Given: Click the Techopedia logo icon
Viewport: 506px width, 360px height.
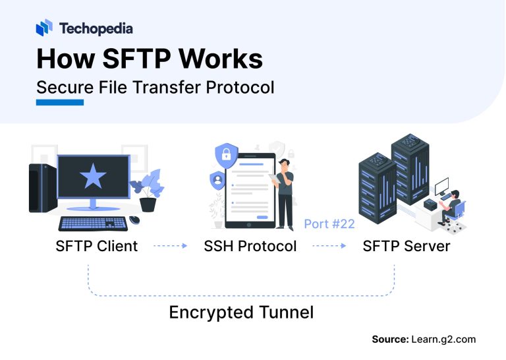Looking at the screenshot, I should click(x=44, y=28).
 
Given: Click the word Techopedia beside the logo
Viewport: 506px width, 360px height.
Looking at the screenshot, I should click(x=96, y=28).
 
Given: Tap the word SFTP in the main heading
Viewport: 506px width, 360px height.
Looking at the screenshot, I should click(x=137, y=59).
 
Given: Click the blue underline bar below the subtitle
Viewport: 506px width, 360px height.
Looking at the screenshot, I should click(x=60, y=102).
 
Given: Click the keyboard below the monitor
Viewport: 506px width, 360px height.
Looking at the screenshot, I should click(x=92, y=222).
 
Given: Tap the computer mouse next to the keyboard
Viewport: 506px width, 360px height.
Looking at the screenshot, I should click(x=134, y=220).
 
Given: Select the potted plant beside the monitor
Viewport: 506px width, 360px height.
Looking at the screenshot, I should click(x=148, y=191).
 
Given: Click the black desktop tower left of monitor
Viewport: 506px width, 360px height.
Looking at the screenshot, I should click(x=40, y=188).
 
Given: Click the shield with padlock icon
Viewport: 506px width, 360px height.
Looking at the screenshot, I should click(x=225, y=156).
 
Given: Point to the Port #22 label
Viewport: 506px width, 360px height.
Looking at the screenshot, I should click(x=329, y=224).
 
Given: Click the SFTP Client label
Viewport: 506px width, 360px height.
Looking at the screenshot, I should click(x=97, y=247).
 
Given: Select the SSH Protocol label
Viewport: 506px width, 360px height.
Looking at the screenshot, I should click(x=249, y=247).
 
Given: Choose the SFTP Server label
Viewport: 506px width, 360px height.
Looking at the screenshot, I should click(x=407, y=247).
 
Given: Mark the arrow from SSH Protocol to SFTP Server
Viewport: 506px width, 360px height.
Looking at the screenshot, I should click(x=329, y=247).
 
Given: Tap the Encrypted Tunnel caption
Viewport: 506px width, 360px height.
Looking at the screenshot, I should click(x=241, y=312).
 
